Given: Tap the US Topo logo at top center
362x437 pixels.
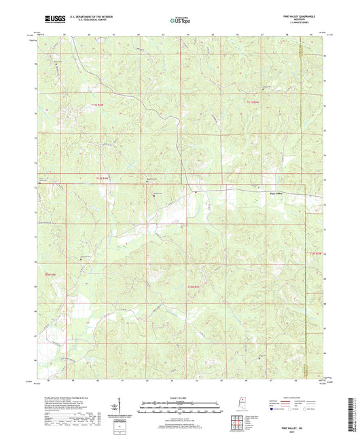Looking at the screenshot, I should point(179,21).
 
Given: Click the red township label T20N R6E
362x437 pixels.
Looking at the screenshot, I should point(49,274).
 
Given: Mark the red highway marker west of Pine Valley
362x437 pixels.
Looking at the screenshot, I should point(196,192).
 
